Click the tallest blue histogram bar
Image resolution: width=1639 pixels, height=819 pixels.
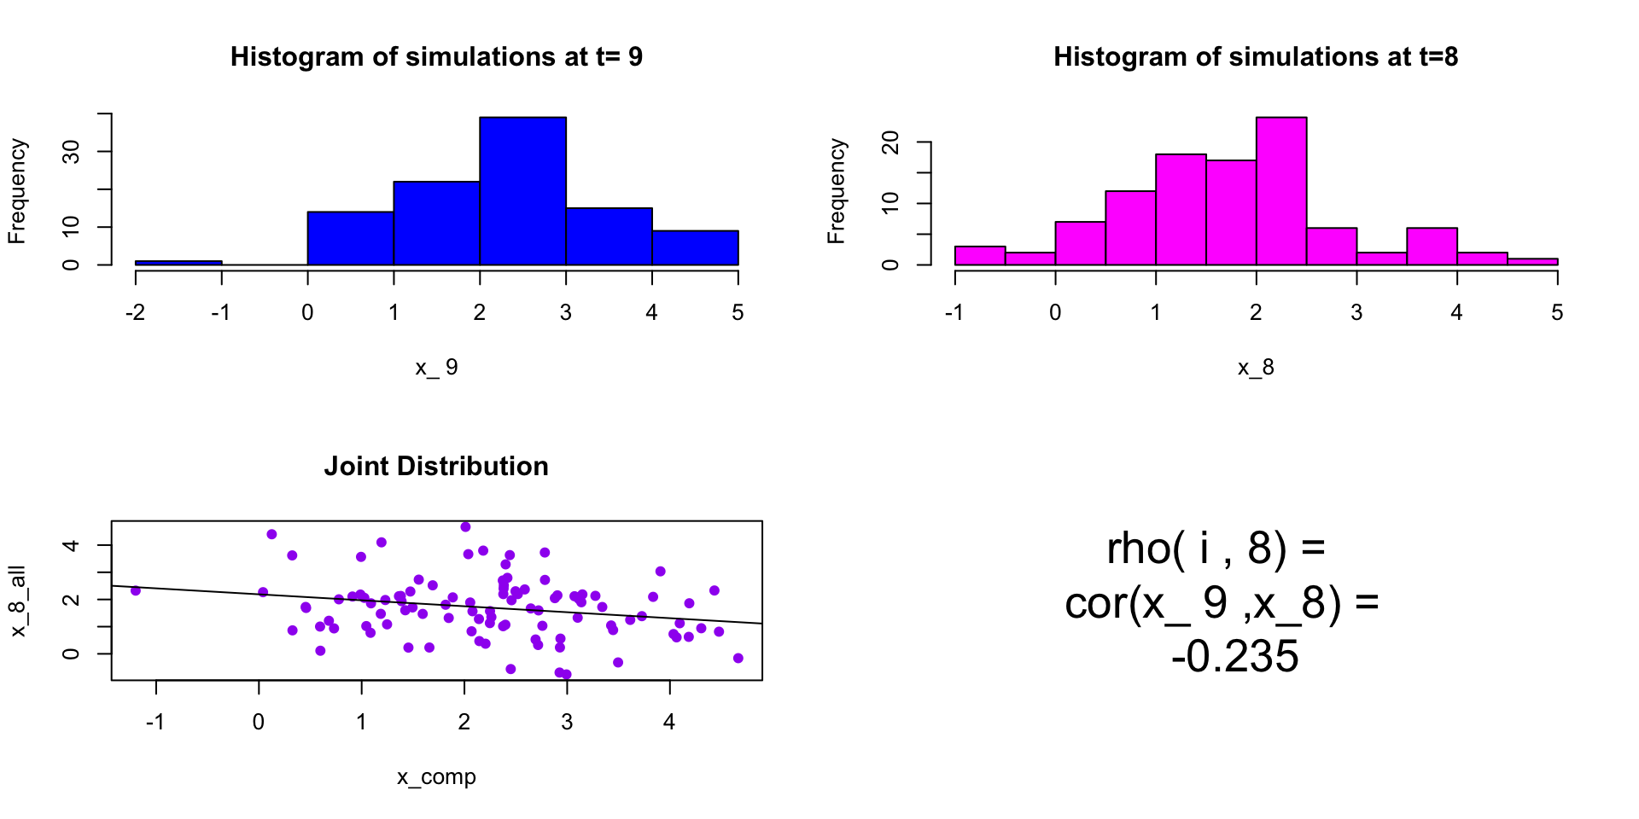522,191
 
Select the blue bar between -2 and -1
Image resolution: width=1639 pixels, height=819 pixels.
178,263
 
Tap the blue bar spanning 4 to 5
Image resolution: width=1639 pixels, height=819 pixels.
695,247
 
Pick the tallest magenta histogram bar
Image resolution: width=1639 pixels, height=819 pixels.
1281,191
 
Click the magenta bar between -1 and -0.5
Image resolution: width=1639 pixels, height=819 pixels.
980,255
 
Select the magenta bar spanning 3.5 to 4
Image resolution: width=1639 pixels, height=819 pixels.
1432,246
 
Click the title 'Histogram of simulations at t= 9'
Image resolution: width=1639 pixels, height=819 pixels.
436,57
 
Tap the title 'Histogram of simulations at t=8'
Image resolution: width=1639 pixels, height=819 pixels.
1256,57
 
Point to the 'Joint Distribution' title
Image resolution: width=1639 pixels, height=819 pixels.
436,467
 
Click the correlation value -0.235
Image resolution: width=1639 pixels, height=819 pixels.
1234,657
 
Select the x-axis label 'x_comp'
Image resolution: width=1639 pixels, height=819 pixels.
436,777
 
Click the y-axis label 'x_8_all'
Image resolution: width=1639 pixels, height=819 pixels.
18,601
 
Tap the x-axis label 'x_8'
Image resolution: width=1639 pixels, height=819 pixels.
1256,368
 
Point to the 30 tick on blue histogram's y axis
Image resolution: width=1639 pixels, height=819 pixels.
72,152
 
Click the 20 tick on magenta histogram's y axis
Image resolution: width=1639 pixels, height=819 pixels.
891,142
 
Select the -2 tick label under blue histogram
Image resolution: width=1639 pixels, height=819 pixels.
135,313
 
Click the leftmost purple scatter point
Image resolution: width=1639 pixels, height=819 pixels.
136,590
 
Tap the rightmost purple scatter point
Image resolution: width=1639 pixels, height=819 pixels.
738,658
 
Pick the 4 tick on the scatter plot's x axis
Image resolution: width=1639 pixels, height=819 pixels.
669,723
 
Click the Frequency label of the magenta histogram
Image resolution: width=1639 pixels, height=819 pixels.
837,191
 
